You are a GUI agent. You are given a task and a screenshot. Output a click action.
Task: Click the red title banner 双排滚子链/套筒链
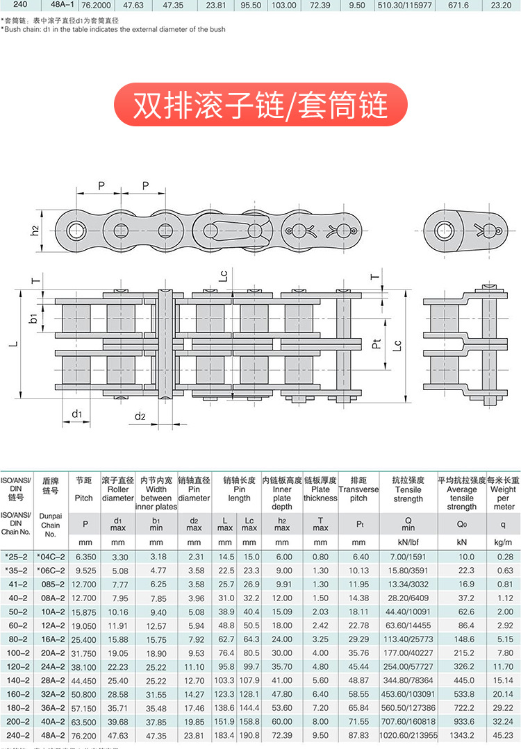coord(260,105)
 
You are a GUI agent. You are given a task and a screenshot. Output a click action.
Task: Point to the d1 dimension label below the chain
coord(77,414)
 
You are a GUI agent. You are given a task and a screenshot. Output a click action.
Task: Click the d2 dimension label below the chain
coord(140,416)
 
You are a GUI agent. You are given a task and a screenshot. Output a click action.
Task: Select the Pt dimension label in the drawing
coord(377,343)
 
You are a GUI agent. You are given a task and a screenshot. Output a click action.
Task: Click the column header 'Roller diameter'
coord(118,489)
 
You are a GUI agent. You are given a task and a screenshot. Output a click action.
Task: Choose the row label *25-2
coord(16,557)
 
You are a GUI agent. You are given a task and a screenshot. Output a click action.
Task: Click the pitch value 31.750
coord(83,653)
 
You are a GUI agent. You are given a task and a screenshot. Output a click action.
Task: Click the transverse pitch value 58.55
coord(358,694)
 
